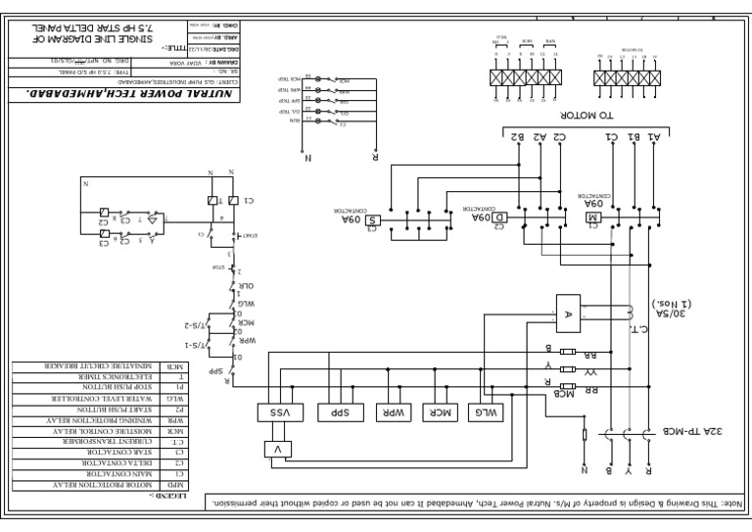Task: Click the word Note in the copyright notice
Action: (x=733, y=504)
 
